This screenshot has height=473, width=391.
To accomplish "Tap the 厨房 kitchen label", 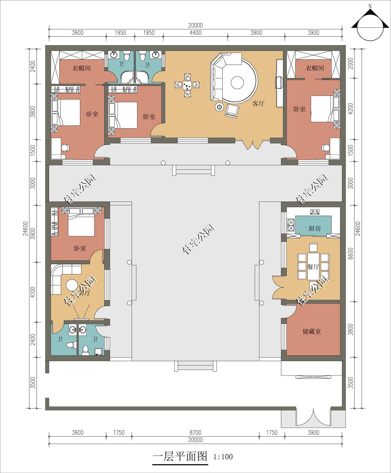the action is click(315, 228).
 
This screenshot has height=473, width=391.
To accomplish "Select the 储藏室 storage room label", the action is click(312, 331).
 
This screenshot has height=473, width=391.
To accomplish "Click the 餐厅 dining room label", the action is click(313, 267).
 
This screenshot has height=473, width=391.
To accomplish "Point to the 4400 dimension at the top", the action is click(195, 32).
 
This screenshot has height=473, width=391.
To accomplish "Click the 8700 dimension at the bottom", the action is click(195, 433).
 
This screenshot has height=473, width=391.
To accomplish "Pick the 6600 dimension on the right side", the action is click(351, 254).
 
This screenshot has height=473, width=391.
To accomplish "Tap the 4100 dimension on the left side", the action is click(33, 292).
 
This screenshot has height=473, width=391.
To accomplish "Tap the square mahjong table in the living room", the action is click(187, 85).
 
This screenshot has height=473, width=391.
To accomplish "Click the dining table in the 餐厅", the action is click(313, 267).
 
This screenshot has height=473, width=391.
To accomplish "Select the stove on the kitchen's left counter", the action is click(291, 225).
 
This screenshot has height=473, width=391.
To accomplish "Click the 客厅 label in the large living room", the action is click(258, 103).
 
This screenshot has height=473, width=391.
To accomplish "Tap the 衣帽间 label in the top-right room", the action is click(315, 68).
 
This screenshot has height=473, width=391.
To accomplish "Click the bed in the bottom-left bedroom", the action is click(81, 222).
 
